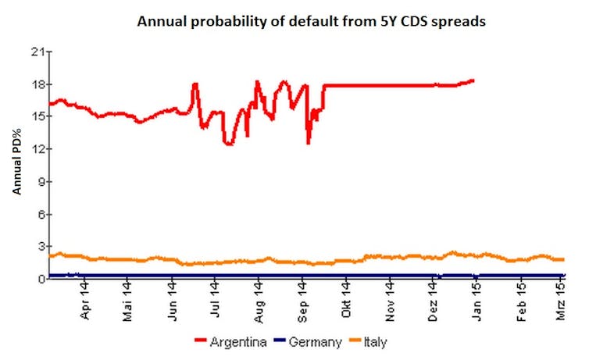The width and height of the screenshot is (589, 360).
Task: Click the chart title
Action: (311, 22)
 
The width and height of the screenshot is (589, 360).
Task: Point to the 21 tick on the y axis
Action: (36, 52)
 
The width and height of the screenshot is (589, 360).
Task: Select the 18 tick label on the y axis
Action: (36, 84)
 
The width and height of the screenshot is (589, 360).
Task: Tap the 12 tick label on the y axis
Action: (36, 149)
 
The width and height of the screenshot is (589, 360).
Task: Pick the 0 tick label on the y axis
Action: (38, 279)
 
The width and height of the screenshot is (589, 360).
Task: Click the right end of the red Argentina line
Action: (473, 80)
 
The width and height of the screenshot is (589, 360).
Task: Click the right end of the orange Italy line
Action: (563, 259)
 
